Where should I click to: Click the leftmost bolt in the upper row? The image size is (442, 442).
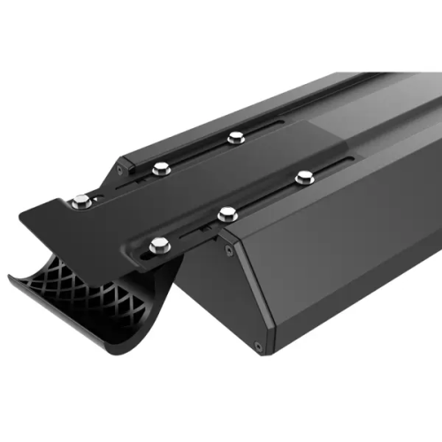coord(81,202)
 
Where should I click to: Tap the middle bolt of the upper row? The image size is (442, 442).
coord(160,168)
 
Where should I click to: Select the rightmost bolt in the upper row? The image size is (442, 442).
coord(235,137)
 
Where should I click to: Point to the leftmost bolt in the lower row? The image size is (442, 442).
coord(159,244)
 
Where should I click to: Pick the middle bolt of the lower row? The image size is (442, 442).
coord(227,212)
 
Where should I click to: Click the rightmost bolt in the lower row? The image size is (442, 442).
coord(304,178)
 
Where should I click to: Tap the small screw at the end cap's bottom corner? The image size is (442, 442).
coord(257,347)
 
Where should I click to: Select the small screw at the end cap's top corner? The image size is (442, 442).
coord(231,250)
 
